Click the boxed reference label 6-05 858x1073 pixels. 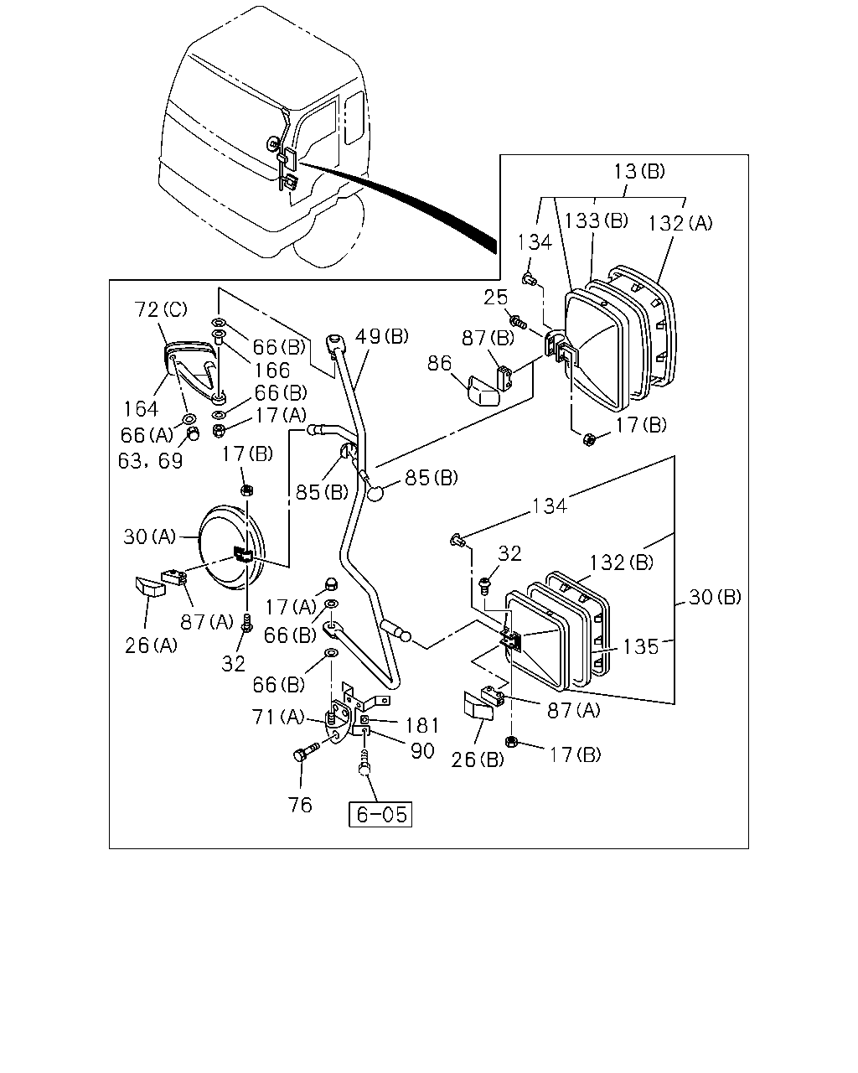click(x=380, y=814)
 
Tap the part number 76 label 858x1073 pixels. click(x=300, y=805)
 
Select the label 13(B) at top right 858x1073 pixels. click(x=639, y=171)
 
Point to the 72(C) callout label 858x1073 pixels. click(x=161, y=309)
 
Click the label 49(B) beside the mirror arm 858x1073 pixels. click(x=382, y=336)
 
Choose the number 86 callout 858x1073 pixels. click(x=439, y=363)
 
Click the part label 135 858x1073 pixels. click(x=641, y=646)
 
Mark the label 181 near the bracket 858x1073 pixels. click(x=421, y=725)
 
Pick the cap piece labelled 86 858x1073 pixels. click(x=484, y=391)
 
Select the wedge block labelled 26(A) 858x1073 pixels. click(x=150, y=587)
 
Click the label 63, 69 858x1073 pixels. click(x=151, y=461)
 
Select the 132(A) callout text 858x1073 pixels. click(x=680, y=223)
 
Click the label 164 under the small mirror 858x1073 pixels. click(x=141, y=409)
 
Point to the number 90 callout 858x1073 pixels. click(x=422, y=750)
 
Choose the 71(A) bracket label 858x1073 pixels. click(x=278, y=717)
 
